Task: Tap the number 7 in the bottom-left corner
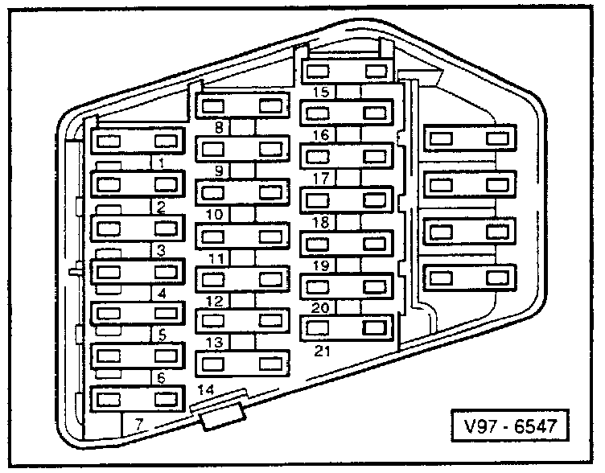click(138, 422)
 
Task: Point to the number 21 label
click(322, 352)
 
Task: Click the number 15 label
click(321, 93)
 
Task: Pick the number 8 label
click(219, 126)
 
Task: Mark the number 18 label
click(321, 222)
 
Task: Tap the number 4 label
click(162, 293)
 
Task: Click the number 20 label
click(321, 307)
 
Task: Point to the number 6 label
click(162, 376)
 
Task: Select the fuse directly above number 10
click(241, 193)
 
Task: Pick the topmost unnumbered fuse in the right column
click(471, 138)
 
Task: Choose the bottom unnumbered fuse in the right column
click(471, 278)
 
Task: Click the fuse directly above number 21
click(347, 328)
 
